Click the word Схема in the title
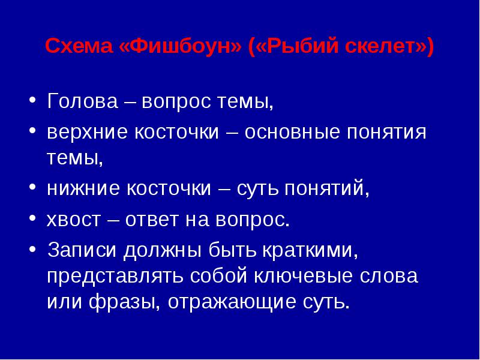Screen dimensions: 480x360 79,46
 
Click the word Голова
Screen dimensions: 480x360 82,101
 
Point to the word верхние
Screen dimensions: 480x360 86,132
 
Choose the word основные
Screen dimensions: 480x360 292,132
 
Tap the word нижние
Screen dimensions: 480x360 83,188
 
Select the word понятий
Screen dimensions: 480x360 326,188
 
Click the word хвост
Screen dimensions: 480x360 73,220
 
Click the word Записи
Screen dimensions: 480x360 82,250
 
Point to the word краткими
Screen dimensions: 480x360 310,250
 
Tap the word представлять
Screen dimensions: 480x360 115,276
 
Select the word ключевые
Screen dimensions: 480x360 304,276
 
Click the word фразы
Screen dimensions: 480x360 125,302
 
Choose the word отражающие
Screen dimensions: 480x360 232,302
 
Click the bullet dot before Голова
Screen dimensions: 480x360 32,100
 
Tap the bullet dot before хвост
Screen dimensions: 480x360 32,218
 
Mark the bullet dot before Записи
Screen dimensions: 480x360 32,249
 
